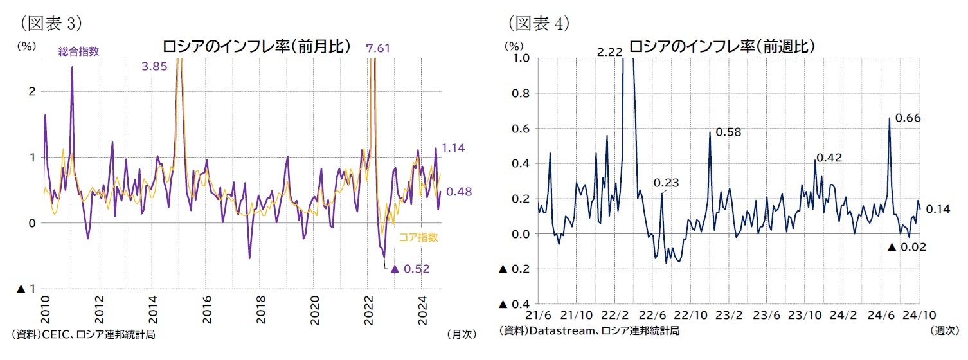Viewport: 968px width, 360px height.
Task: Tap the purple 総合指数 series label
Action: (78, 51)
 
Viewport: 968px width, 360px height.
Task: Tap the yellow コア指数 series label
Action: (418, 237)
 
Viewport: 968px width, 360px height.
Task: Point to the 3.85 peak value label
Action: (155, 66)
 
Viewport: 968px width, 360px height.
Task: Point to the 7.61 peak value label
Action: (378, 48)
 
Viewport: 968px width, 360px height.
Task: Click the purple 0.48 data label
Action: (459, 192)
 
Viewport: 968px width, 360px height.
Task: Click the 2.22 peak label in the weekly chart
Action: (609, 52)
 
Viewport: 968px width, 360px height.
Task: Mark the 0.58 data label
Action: (728, 132)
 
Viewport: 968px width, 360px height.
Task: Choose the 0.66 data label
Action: (908, 118)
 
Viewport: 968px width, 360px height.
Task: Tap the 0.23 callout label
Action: (667, 183)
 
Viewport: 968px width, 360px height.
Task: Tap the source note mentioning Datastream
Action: (589, 330)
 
